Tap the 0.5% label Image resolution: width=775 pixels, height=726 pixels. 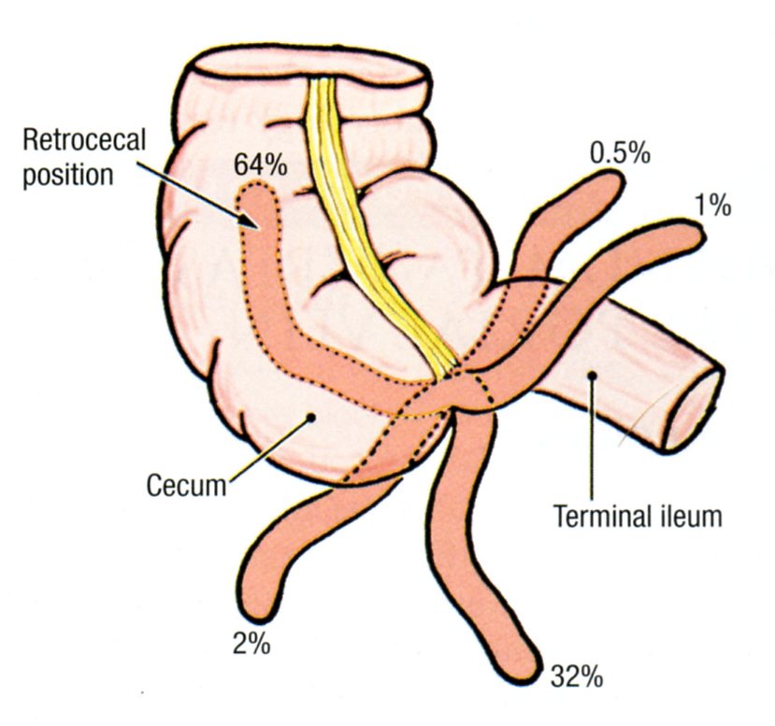620,152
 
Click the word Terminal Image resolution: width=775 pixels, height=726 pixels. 596,517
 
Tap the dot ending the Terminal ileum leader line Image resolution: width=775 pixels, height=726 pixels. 592,377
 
